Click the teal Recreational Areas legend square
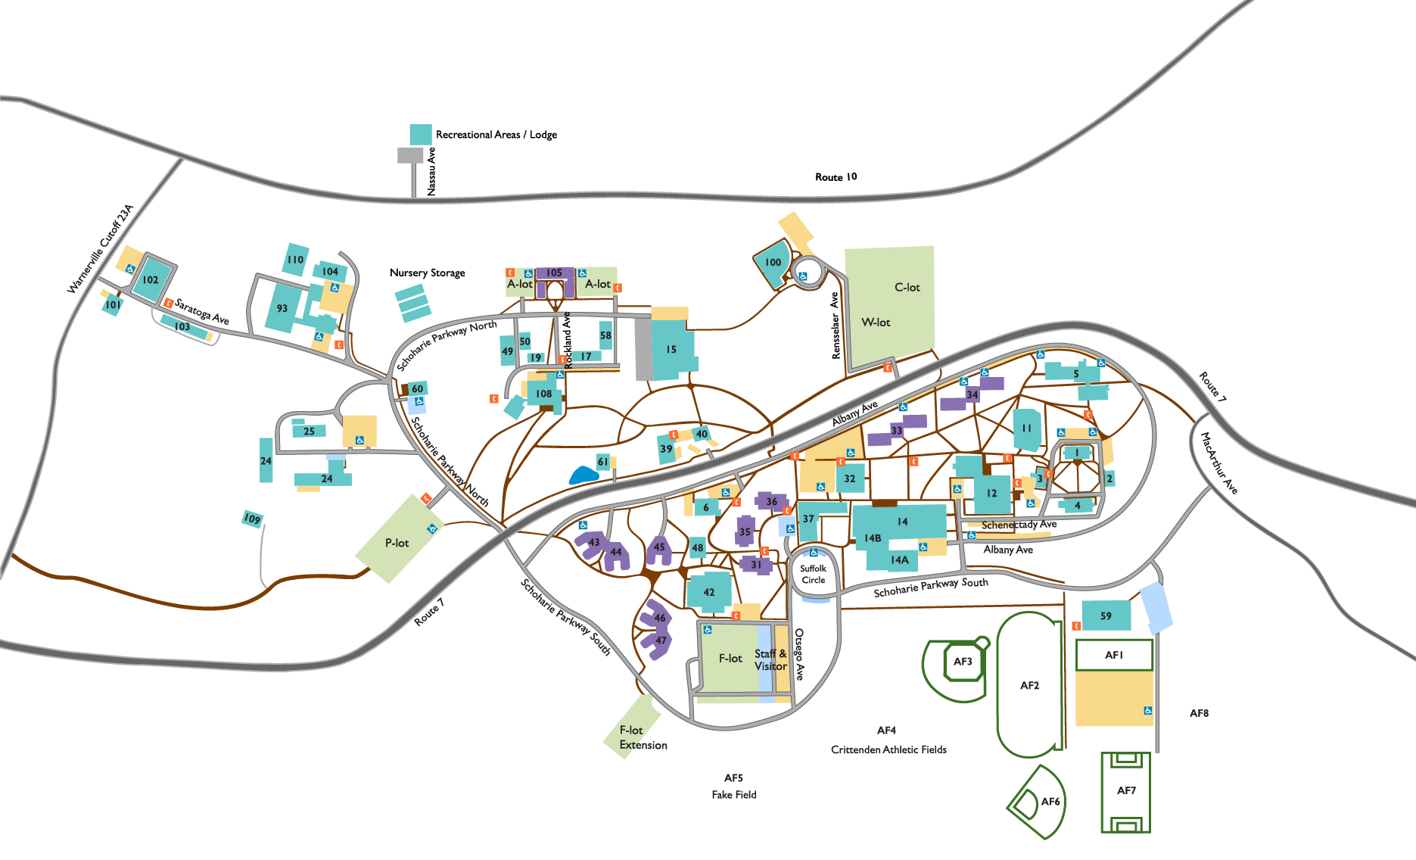pos(421,134)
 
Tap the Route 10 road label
pos(836,177)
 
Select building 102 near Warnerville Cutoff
pos(151,279)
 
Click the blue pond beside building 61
pos(584,475)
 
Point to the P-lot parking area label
pos(397,543)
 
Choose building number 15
pos(671,350)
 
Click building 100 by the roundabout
pos(773,263)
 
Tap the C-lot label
pos(907,288)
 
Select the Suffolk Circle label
pos(813,574)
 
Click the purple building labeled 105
pos(554,273)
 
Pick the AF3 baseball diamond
pos(962,662)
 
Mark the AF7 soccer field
pos(1125,791)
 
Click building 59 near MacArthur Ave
pos(1106,615)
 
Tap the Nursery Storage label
pos(427,273)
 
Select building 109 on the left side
pos(252,519)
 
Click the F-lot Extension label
pos(643,737)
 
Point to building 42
pos(708,592)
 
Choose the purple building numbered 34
pos(973,394)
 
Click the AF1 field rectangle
pos(1113,655)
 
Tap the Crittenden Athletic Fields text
pos(889,749)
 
